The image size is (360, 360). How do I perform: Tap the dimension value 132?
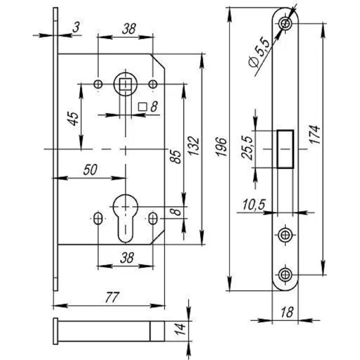pos(194,146)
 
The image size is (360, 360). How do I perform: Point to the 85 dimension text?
pos(176,157)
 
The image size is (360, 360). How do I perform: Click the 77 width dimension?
pos(112,297)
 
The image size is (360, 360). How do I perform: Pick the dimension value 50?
pos(90,170)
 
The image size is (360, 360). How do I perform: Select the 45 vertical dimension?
pos(74,118)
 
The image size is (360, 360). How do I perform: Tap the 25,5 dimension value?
pos(247,148)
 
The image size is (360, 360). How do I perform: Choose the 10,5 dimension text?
pos(254,204)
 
